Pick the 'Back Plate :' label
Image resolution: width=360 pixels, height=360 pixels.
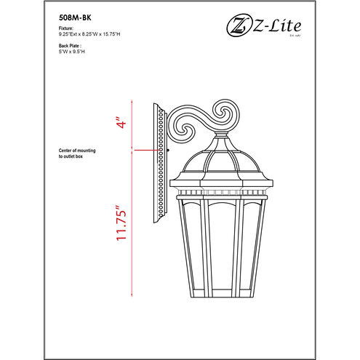coord(70,44)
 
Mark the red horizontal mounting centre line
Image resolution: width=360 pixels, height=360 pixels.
coord(149,151)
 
